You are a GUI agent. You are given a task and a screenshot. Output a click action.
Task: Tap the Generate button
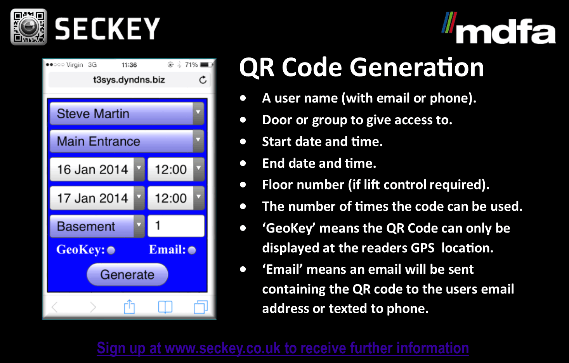[x=127, y=274]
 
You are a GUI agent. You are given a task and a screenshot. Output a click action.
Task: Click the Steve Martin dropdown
[x=127, y=113]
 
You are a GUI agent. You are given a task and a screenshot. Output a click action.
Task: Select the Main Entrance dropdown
[x=127, y=141]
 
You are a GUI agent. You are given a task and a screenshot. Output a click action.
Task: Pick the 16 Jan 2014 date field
[x=97, y=169]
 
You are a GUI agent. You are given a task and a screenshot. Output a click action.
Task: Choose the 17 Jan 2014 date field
[x=97, y=198]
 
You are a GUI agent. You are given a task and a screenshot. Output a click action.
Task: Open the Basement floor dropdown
[x=97, y=226]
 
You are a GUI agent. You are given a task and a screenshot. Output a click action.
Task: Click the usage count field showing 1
[x=176, y=226]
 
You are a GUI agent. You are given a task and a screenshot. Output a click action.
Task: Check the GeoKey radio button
[x=111, y=250]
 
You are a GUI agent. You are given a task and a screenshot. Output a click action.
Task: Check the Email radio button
[x=192, y=250]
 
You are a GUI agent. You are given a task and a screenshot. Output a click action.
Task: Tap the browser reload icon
[x=203, y=80]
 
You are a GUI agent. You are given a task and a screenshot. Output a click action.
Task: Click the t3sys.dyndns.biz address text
[x=129, y=80]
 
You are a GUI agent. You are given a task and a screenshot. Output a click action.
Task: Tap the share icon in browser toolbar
[x=129, y=307]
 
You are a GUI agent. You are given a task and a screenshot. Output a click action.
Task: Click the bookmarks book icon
[x=165, y=307]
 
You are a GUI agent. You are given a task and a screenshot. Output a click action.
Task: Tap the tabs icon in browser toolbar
[x=201, y=307]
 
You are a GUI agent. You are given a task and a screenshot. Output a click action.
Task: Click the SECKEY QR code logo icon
[x=29, y=27]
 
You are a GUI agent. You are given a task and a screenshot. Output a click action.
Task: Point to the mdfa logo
[x=499, y=28]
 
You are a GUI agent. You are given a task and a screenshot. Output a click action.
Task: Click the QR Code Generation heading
[x=361, y=67]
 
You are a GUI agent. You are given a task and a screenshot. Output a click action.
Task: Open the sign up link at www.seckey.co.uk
[x=283, y=348]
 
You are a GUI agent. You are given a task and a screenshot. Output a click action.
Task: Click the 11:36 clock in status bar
[x=129, y=65]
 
